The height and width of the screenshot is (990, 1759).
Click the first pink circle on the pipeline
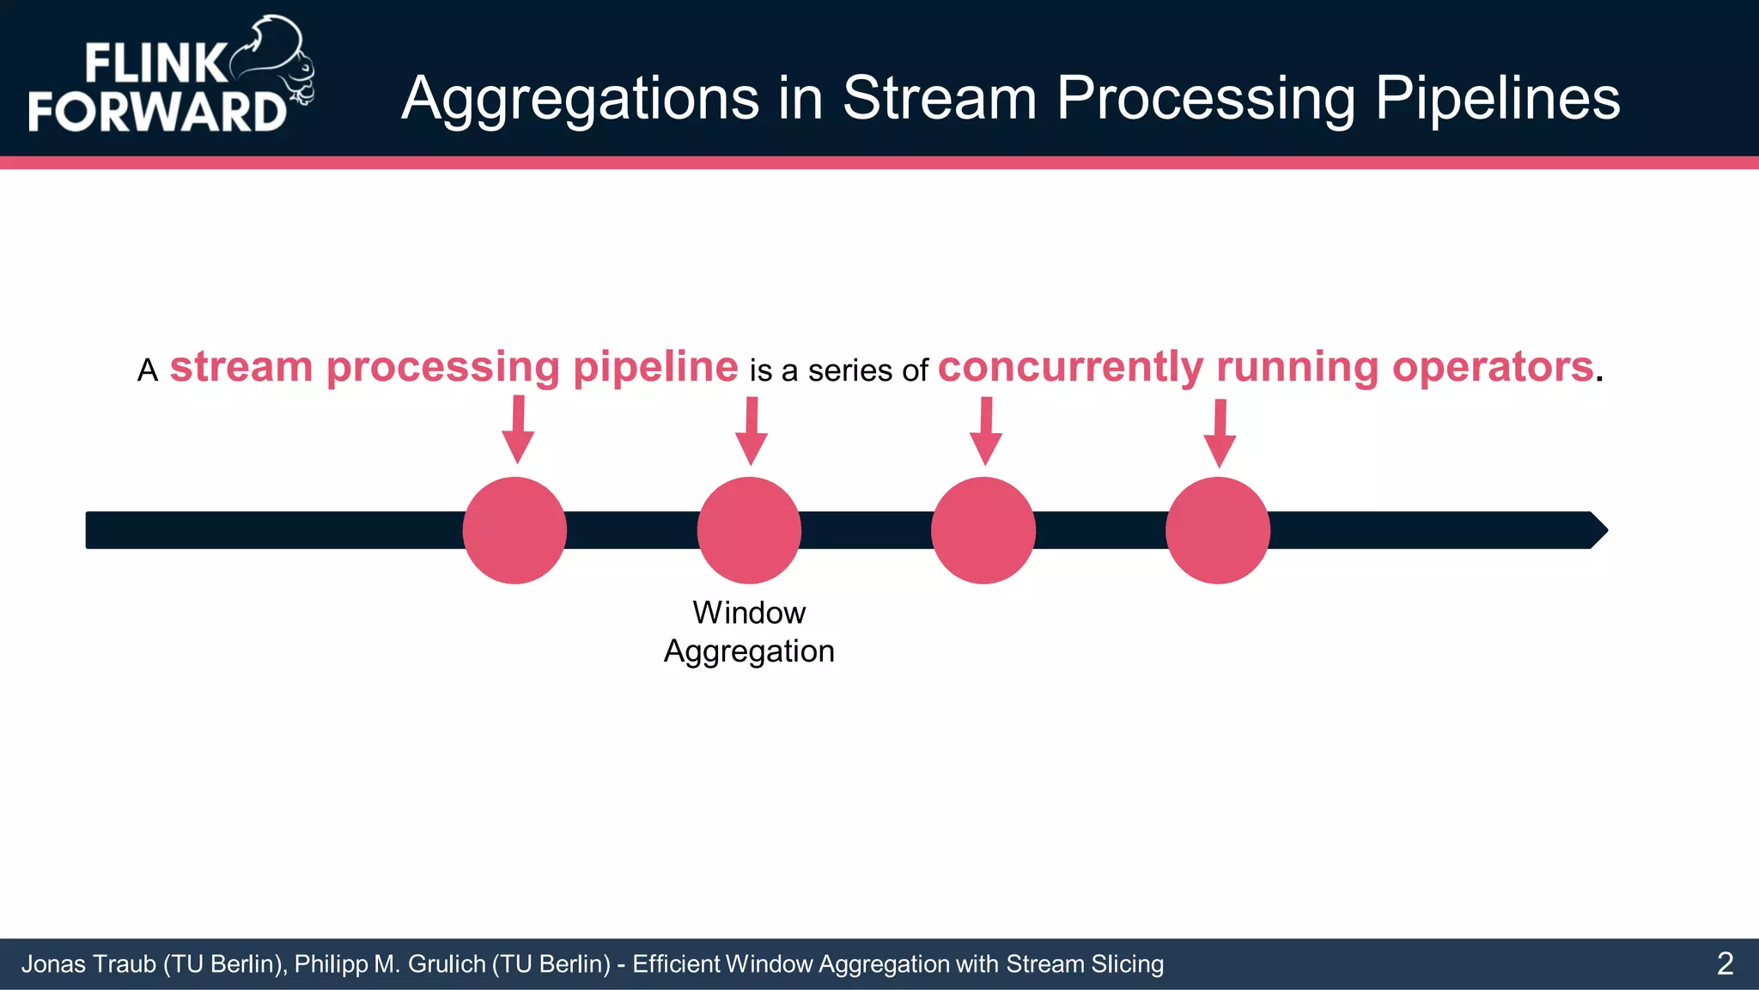click(514, 530)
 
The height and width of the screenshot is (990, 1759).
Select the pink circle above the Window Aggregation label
click(749, 530)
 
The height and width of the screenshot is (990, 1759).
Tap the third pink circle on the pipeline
click(983, 530)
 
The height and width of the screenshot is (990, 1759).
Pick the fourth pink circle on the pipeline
click(1218, 530)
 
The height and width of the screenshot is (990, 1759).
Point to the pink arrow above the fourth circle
click(1220, 435)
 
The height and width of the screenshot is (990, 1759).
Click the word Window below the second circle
click(749, 613)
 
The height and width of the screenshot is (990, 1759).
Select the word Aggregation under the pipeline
click(749, 651)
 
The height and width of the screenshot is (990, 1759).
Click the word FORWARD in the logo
click(157, 112)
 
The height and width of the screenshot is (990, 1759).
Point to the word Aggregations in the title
click(581, 99)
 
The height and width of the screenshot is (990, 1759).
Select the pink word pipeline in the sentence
click(655, 367)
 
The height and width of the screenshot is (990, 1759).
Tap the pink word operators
click(1493, 367)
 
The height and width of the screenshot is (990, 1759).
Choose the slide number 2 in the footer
click(1725, 963)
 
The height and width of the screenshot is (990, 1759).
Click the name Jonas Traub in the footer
click(88, 964)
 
